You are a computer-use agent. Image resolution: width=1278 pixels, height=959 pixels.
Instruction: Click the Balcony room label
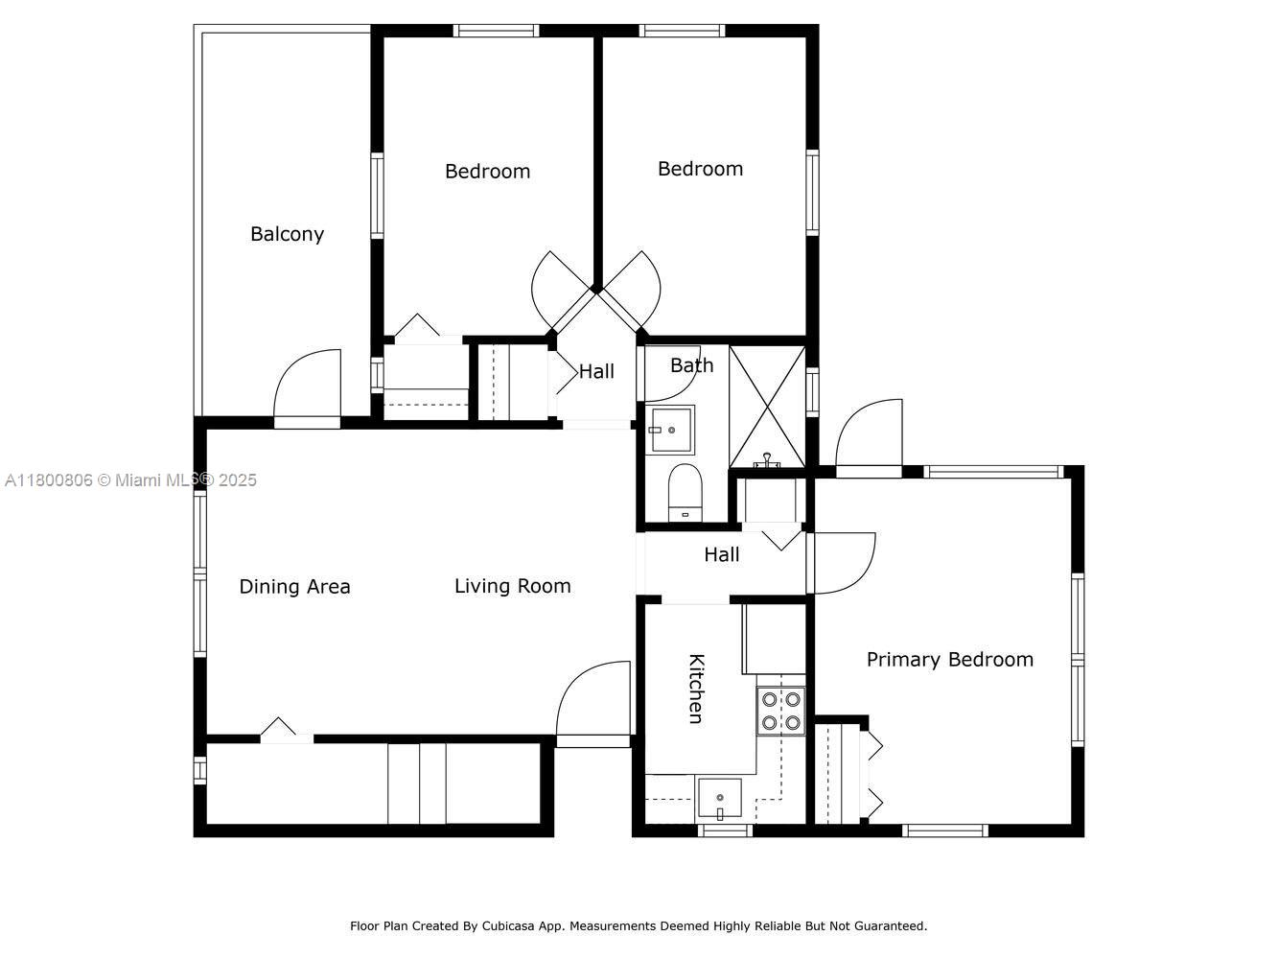click(x=287, y=234)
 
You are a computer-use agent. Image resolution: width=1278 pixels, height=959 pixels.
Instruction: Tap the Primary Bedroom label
click(x=949, y=660)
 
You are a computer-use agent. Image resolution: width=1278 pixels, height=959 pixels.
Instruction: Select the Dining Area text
click(x=294, y=587)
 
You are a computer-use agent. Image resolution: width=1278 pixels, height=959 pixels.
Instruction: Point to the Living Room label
click(x=512, y=586)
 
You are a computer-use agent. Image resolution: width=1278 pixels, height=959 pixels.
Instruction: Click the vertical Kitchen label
click(x=696, y=689)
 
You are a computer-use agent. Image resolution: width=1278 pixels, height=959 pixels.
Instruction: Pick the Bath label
click(x=691, y=365)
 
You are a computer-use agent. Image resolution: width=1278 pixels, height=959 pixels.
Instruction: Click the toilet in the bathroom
click(x=685, y=491)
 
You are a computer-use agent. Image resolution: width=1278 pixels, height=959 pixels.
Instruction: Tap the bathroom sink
click(x=671, y=430)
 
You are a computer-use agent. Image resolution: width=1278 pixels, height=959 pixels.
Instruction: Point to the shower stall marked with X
click(x=767, y=406)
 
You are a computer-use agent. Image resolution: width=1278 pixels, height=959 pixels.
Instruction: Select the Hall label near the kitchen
click(x=721, y=554)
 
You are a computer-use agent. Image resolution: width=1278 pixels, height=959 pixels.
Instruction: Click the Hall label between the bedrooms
click(x=596, y=371)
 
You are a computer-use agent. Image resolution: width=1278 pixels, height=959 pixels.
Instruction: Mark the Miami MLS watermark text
click(x=130, y=479)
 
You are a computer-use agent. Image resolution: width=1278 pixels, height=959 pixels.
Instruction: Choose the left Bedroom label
click(x=487, y=172)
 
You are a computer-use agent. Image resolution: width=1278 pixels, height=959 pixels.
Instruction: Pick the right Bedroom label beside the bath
click(x=700, y=169)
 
